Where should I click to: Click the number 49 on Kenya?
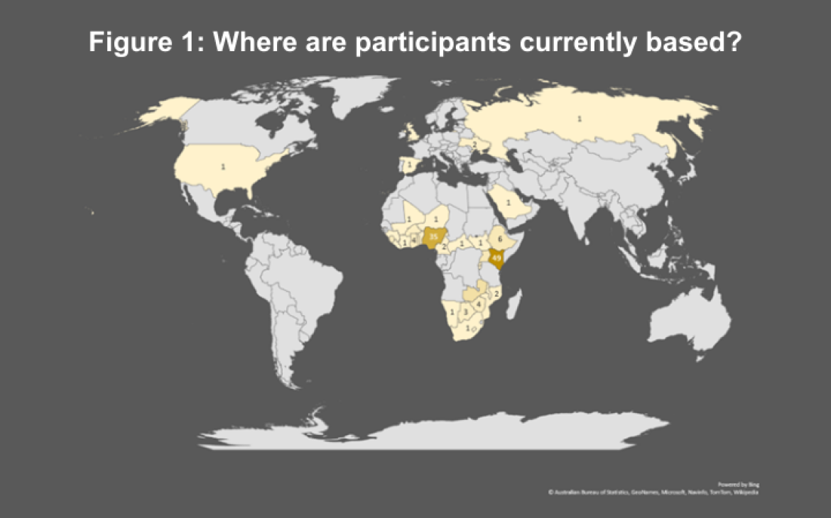496,258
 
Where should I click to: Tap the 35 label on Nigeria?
433,236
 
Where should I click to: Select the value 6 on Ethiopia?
501,239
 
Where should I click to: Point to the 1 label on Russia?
579,119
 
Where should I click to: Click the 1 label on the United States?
223,167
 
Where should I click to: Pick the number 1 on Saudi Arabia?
509,203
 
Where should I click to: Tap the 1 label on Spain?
409,165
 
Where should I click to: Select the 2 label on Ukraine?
474,144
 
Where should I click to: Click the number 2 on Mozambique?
496,293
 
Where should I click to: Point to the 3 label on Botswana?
465,312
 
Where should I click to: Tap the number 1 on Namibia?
452,312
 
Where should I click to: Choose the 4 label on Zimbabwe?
479,304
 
